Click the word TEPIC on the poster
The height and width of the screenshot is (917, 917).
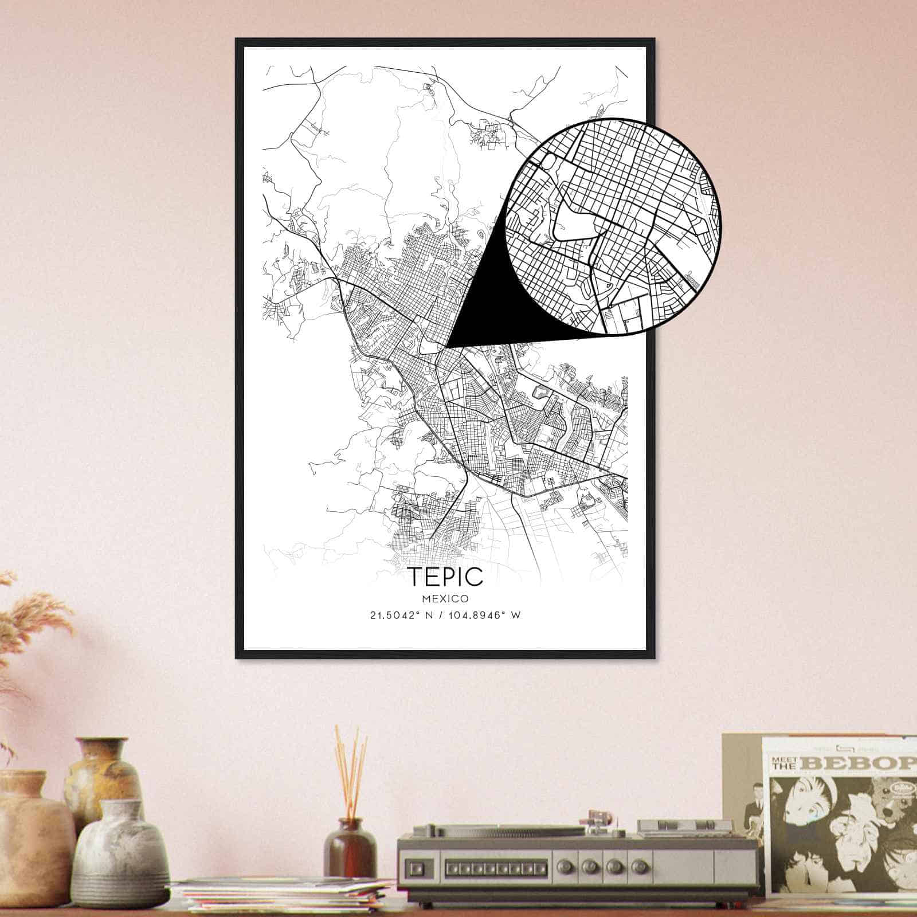pos(446,577)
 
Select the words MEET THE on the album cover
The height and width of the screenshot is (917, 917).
pos(785,763)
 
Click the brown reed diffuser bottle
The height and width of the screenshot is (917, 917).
pos(350,845)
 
